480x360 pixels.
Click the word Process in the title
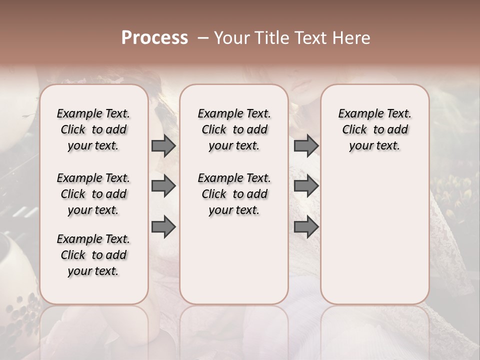[x=154, y=38]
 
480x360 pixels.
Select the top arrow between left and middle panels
[x=163, y=145]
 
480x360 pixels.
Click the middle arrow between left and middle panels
[x=163, y=186]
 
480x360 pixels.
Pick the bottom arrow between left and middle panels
[x=163, y=227]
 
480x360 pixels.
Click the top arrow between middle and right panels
[x=305, y=145]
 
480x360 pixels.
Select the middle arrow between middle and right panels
[x=305, y=186]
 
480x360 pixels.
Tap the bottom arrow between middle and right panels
[x=305, y=227]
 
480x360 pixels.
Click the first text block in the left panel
[x=93, y=129]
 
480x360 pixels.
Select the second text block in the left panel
[x=93, y=194]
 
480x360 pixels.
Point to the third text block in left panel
[x=93, y=255]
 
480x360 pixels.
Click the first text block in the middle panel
[x=234, y=129]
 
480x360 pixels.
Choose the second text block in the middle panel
[x=234, y=194]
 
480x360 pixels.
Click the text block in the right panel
[x=374, y=129]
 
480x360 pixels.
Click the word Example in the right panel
[x=358, y=114]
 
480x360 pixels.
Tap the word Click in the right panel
[x=354, y=130]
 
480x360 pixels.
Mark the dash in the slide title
[x=203, y=38]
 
